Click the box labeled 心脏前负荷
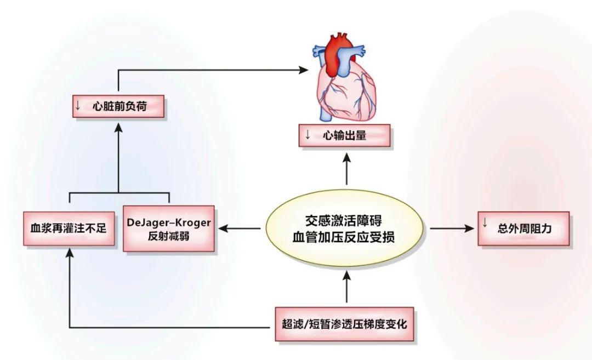[118, 106]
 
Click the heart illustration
[345, 88]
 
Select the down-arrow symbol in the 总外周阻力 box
[485, 222]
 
